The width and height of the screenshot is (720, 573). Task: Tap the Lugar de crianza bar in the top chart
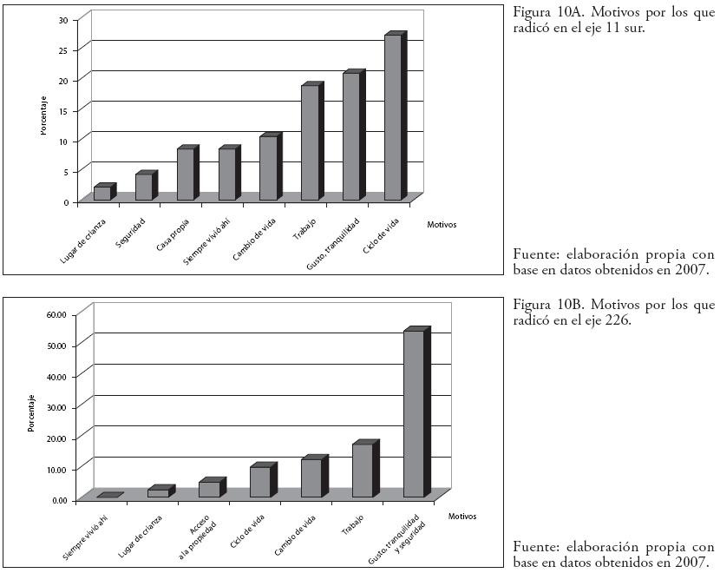102,193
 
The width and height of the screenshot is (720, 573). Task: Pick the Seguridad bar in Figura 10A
144,187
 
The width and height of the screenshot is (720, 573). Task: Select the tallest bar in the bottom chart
414,413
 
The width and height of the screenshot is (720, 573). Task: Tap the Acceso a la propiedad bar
209,489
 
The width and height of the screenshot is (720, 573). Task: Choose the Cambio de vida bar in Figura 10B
311,477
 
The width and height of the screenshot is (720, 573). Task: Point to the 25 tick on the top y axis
63,49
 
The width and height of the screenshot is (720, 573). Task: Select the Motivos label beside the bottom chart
462,517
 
